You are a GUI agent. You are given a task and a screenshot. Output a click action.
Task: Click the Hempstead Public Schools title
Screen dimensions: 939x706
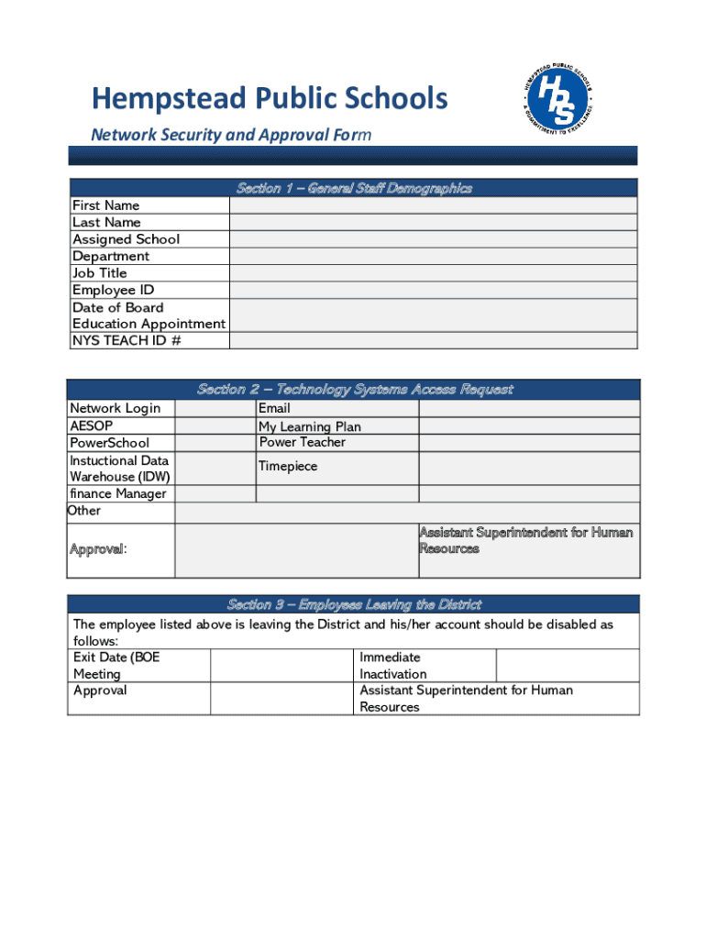(x=269, y=98)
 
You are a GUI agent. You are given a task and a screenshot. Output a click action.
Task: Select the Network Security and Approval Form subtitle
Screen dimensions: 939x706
(x=230, y=135)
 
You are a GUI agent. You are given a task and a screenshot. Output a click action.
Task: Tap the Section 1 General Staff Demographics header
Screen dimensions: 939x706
(x=354, y=188)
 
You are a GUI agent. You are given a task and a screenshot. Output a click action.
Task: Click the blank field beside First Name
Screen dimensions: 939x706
(x=433, y=205)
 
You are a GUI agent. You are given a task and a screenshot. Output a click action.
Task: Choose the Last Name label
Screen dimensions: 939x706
(x=106, y=222)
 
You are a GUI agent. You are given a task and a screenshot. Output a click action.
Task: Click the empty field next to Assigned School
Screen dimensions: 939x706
(x=433, y=239)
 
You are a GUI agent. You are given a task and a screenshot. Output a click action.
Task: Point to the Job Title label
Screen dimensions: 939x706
(x=100, y=273)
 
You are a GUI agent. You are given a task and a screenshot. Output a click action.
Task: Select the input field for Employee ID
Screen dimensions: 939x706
(x=433, y=290)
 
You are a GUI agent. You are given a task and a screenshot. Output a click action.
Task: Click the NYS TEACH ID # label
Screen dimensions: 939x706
(x=127, y=340)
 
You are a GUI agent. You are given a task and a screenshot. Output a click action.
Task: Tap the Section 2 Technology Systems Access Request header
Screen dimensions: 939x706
(x=354, y=390)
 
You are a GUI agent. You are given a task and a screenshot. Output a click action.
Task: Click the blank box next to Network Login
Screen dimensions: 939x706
(x=215, y=409)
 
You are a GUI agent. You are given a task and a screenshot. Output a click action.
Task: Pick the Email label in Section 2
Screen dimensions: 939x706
(x=274, y=408)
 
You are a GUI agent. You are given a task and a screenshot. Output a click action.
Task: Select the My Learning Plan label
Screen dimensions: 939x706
(x=309, y=426)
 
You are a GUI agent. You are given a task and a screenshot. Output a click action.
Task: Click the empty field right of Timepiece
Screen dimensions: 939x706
(x=529, y=468)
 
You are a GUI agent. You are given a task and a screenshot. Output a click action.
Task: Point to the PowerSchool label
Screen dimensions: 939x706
(x=109, y=443)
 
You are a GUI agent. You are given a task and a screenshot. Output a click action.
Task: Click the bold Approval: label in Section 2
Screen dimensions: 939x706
(x=98, y=549)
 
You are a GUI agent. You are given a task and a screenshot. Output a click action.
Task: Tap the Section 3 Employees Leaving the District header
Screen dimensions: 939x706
(x=354, y=604)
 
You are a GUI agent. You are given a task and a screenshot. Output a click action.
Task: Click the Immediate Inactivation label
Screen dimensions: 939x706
(x=392, y=666)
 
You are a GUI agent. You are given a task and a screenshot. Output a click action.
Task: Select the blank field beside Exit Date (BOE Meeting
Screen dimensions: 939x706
(x=281, y=666)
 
